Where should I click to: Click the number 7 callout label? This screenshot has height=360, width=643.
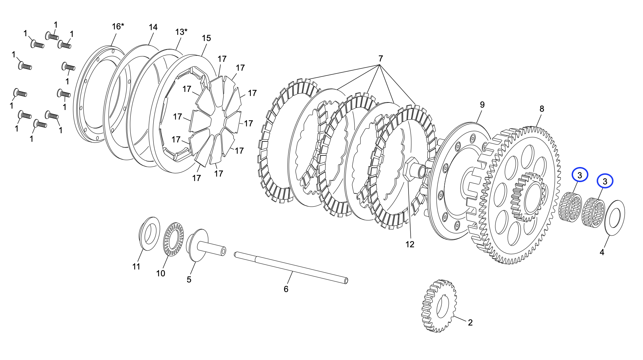tap(380, 59)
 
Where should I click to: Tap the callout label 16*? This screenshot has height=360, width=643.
tap(118, 26)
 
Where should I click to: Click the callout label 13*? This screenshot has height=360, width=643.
tap(181, 32)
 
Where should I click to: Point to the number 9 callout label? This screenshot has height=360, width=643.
tap(482, 105)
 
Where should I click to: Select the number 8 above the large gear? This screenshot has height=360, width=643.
tap(542, 109)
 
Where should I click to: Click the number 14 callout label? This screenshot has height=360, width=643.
tap(153, 27)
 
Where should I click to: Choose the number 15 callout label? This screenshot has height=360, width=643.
tap(206, 38)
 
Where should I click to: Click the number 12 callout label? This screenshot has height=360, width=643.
tap(410, 244)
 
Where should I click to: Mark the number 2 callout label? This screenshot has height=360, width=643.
tap(470, 322)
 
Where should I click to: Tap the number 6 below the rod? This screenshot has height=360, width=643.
tap(286, 289)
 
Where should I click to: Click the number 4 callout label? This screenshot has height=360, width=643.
tap(602, 252)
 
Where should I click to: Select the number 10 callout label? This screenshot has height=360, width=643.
tap(160, 273)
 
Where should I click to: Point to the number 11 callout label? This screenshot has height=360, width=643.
tap(136, 266)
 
